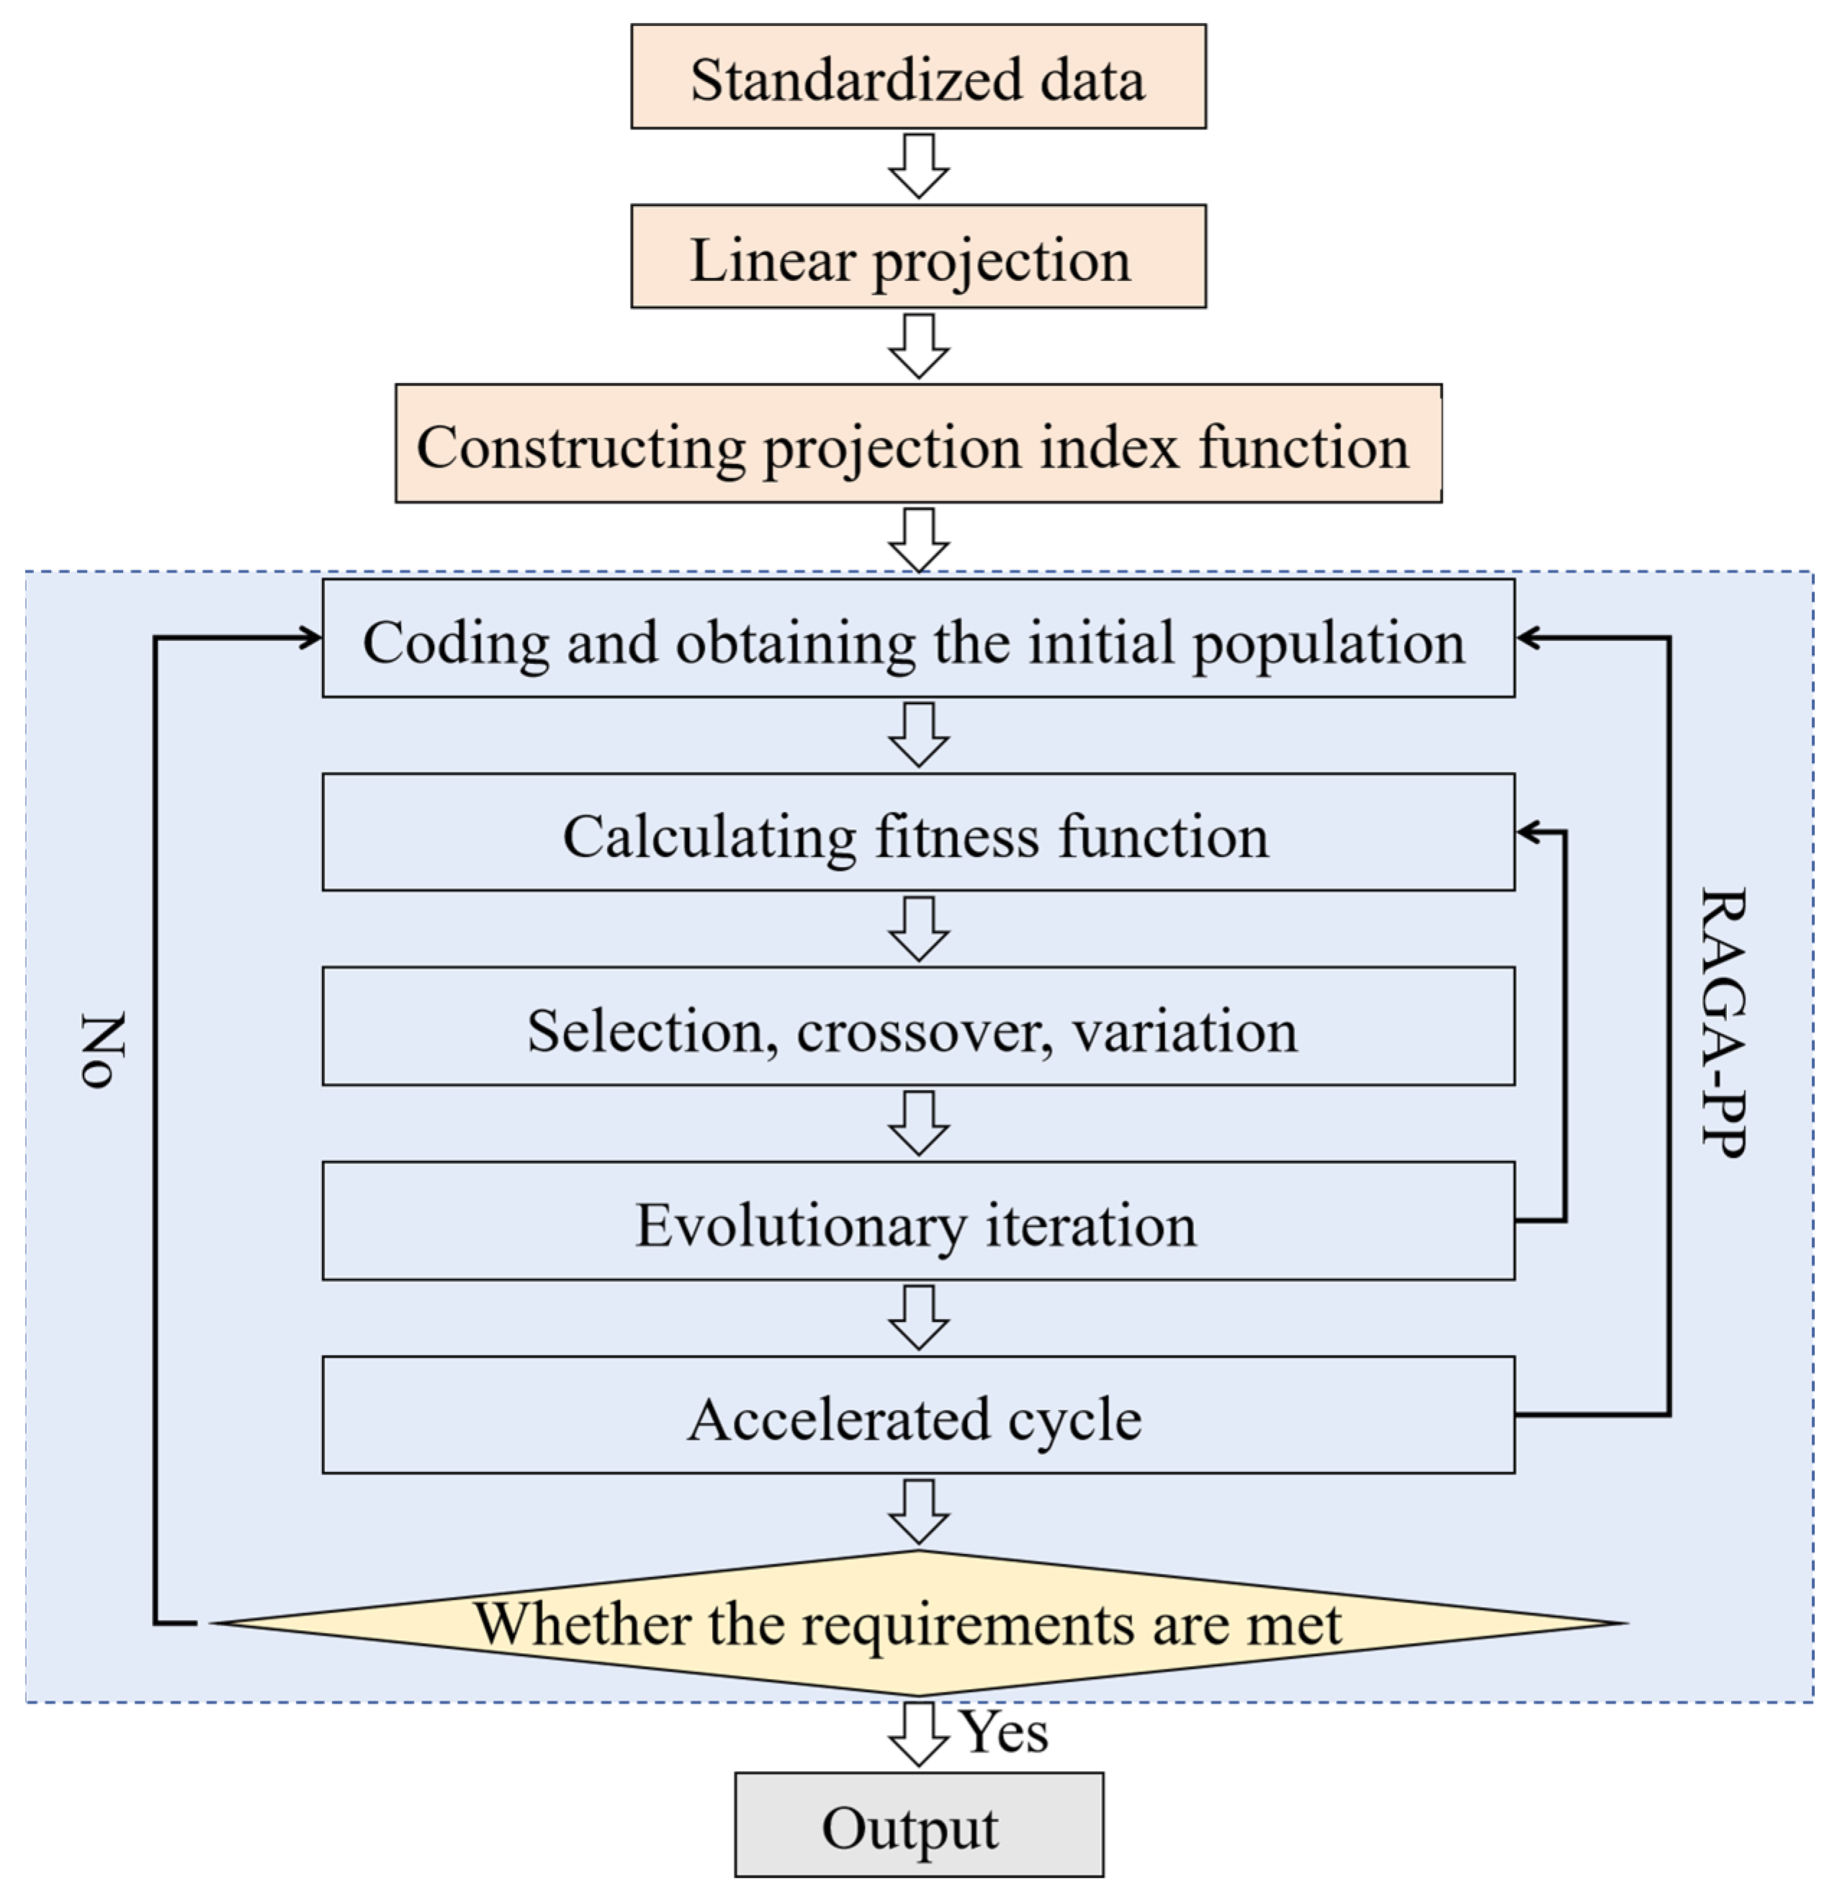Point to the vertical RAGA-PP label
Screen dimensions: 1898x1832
(x=1723, y=1022)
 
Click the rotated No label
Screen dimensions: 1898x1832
(x=102, y=1050)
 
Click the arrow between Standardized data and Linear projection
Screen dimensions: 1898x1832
(x=918, y=166)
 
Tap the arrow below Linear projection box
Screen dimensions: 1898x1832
(x=918, y=346)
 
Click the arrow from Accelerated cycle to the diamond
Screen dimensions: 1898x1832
(x=918, y=1511)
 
